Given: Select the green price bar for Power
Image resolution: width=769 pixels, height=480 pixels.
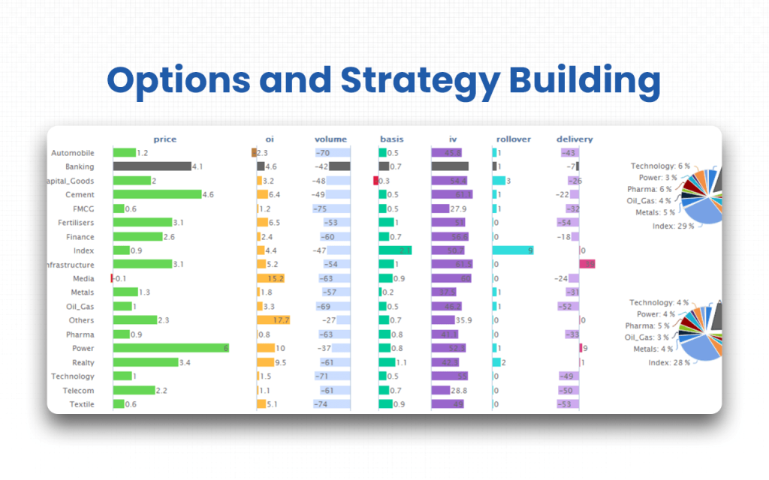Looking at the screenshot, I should [170, 348].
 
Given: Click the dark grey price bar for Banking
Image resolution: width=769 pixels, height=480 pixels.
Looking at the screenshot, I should [152, 166].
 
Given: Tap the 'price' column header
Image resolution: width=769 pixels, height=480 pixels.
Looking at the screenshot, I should [164, 139].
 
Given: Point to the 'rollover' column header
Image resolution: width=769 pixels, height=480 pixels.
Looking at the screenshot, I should [514, 139].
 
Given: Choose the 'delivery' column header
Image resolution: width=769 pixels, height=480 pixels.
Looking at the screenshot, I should [574, 139].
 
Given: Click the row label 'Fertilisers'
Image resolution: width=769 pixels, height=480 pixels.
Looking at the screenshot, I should [76, 223].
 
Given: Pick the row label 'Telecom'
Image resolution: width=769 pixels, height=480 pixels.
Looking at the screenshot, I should [79, 390].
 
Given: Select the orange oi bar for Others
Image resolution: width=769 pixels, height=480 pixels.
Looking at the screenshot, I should [273, 320].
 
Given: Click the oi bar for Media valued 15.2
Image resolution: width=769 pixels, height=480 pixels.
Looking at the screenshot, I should [271, 278].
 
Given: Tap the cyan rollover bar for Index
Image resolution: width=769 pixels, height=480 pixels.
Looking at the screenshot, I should [513, 250].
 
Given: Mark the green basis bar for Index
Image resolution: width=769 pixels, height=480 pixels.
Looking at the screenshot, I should [395, 250].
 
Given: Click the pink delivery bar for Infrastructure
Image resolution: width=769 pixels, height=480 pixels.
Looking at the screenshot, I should [587, 265].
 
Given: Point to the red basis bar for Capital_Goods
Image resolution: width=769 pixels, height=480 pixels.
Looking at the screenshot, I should [375, 181].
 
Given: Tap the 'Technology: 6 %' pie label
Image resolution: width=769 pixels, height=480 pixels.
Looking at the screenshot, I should [659, 166].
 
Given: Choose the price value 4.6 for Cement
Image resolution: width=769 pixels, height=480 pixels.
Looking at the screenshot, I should [208, 195].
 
